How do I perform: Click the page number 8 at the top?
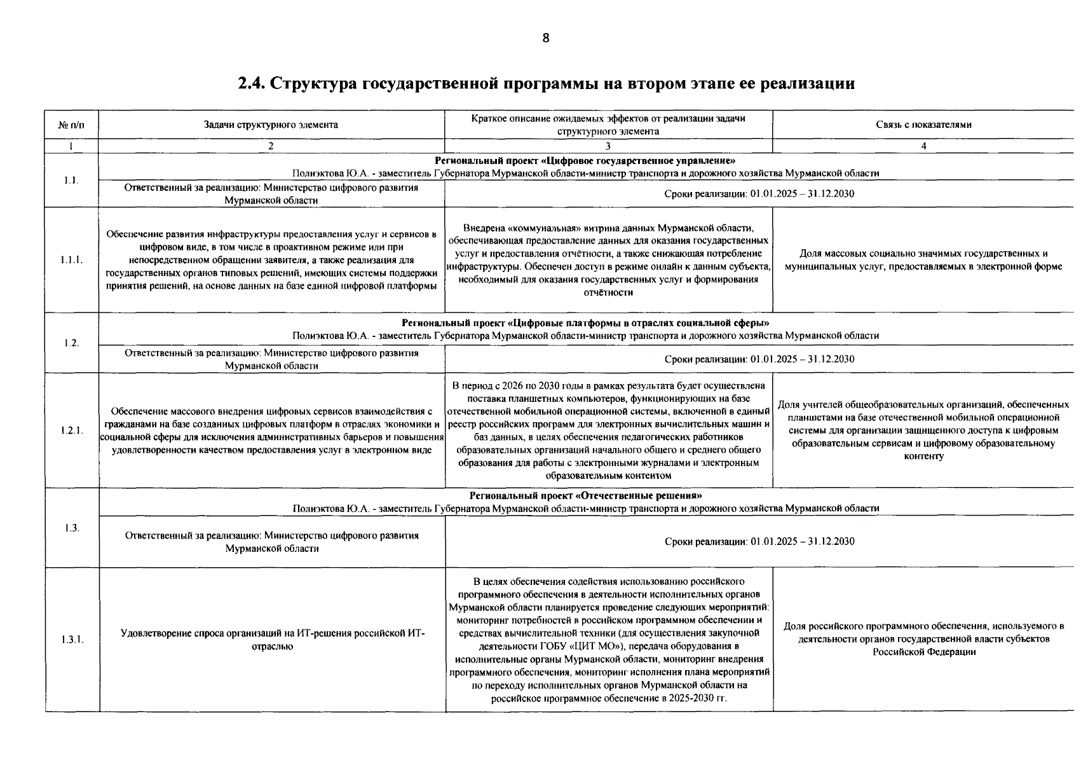(545, 38)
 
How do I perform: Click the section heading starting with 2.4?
(546, 83)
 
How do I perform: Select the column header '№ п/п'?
(71, 125)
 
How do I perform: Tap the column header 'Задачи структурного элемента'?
(271, 125)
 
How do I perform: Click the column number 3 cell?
(608, 146)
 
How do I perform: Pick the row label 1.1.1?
(71, 259)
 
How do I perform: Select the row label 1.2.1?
(72, 430)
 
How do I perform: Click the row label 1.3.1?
(72, 639)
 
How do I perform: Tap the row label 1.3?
(72, 528)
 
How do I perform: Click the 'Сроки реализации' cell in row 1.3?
(759, 542)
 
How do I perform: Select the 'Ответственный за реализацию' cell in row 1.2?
(271, 359)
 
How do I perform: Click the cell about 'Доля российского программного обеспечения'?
(923, 639)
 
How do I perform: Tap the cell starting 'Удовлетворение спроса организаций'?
(271, 639)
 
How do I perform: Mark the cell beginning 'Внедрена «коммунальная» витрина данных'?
(608, 259)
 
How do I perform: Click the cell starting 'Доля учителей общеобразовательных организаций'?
(923, 430)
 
